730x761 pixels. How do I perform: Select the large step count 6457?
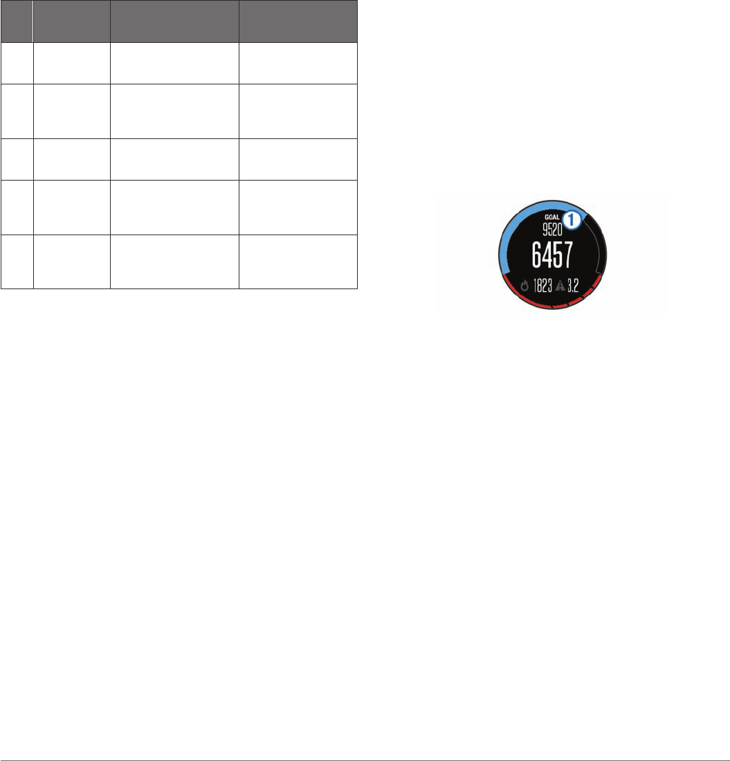point(551,256)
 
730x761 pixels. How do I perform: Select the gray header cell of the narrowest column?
point(17,21)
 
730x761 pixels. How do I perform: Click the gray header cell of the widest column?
point(174,21)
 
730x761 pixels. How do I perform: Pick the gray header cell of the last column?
point(298,21)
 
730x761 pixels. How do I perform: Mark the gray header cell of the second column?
point(71,21)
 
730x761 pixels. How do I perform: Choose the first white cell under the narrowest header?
point(17,64)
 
